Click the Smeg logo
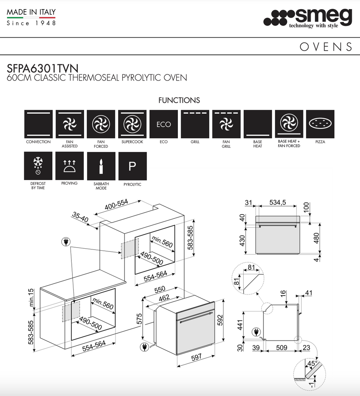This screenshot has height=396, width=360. pyautogui.click(x=308, y=18)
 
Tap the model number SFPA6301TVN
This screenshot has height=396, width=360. pyautogui.click(x=43, y=68)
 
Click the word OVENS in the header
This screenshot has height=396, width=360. pyautogui.click(x=326, y=47)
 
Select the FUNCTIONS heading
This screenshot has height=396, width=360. pyautogui.click(x=179, y=100)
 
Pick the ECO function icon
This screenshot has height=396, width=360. pyautogui.click(x=163, y=124)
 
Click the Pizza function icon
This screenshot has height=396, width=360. pyautogui.click(x=320, y=124)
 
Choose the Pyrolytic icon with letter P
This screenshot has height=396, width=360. pyautogui.click(x=132, y=166)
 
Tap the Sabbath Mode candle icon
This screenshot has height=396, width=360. pyautogui.click(x=101, y=166)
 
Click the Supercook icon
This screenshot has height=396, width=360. pyautogui.click(x=132, y=124)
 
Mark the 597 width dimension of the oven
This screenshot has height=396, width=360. pyautogui.click(x=196, y=357)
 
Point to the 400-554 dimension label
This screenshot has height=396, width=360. pyautogui.click(x=116, y=205)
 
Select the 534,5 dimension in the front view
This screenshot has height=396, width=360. pyautogui.click(x=277, y=202)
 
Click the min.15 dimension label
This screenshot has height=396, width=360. pyautogui.click(x=31, y=297)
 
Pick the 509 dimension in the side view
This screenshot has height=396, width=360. pyautogui.click(x=282, y=348)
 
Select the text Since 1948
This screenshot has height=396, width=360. pyautogui.click(x=31, y=23)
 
